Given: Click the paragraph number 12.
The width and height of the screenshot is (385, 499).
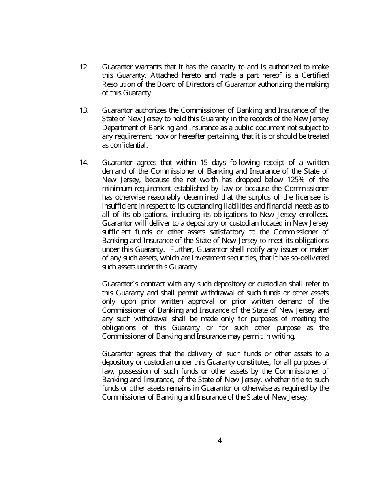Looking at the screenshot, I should click(83, 67).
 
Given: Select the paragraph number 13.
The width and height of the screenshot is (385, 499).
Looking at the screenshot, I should click(83, 110).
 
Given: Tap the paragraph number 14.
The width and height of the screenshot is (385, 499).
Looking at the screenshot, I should click(83, 163).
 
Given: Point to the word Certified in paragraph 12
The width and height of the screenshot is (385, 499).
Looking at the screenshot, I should click(315, 75).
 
